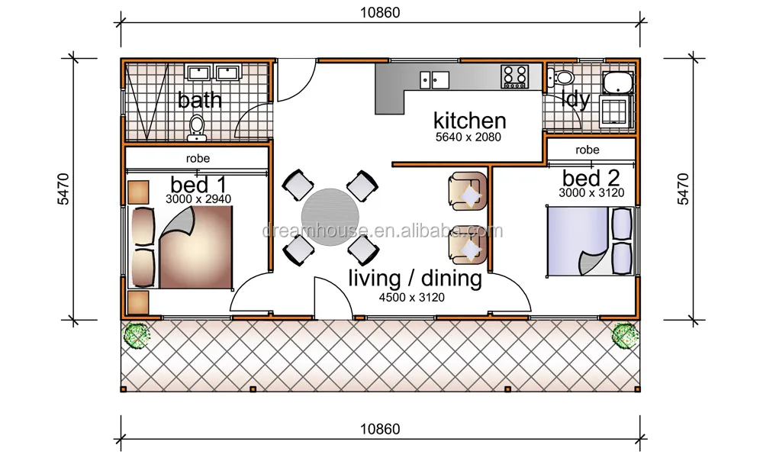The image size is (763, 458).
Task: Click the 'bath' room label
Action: [x=199, y=100]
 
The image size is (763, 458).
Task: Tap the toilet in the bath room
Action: [x=197, y=128]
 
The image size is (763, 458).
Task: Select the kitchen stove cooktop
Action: [x=515, y=76]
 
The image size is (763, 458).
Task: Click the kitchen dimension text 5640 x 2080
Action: [x=468, y=137]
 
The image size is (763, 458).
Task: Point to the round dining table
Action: [x=330, y=217]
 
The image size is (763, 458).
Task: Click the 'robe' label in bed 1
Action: [x=198, y=158]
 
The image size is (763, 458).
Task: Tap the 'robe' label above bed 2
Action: [x=588, y=150]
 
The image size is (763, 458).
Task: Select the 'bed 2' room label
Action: [x=591, y=178]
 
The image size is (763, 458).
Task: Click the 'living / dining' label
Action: [x=415, y=279]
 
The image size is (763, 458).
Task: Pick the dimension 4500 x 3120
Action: [x=412, y=298]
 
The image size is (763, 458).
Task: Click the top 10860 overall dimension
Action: [x=380, y=13]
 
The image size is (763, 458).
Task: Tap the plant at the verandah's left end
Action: [x=137, y=335]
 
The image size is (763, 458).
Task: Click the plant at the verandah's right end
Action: [x=625, y=335]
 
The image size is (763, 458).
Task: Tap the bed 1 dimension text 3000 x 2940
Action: [x=198, y=199]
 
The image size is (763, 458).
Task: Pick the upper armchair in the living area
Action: [x=468, y=192]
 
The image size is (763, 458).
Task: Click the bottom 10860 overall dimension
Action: [x=380, y=429]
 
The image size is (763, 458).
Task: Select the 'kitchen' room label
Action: [x=469, y=121]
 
